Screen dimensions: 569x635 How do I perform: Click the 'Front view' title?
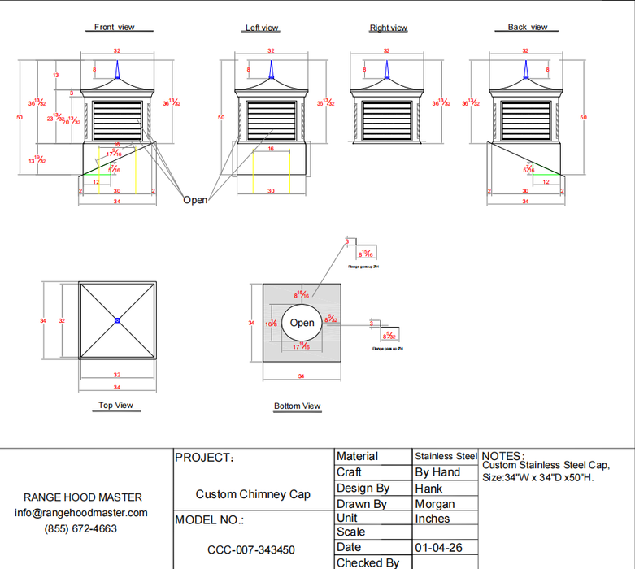tap(115, 27)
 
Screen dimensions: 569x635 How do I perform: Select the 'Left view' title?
tap(262, 28)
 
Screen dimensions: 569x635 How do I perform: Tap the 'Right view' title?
tap(388, 28)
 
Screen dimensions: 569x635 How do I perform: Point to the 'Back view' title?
tap(528, 27)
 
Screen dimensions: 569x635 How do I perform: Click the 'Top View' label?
tap(115, 405)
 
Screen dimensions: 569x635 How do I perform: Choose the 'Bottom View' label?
tap(297, 406)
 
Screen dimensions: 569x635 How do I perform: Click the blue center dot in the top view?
tap(118, 321)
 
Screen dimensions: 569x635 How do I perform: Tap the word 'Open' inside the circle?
tap(302, 323)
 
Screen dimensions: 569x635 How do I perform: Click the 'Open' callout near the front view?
tap(195, 200)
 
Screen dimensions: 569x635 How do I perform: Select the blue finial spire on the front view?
tap(118, 73)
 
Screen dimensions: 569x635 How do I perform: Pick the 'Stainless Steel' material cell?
tap(446, 457)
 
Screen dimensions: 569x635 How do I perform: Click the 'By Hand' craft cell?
tap(437, 472)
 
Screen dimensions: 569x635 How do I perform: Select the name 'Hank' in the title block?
tap(428, 489)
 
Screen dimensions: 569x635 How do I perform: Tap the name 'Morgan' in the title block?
tap(435, 504)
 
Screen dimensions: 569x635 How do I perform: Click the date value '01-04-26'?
tap(439, 548)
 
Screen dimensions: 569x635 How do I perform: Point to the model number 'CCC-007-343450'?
tap(251, 550)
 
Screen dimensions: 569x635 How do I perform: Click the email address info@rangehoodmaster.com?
tap(81, 513)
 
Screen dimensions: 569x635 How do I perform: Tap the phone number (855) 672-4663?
tap(80, 528)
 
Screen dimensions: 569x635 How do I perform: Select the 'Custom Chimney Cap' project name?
tap(253, 494)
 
